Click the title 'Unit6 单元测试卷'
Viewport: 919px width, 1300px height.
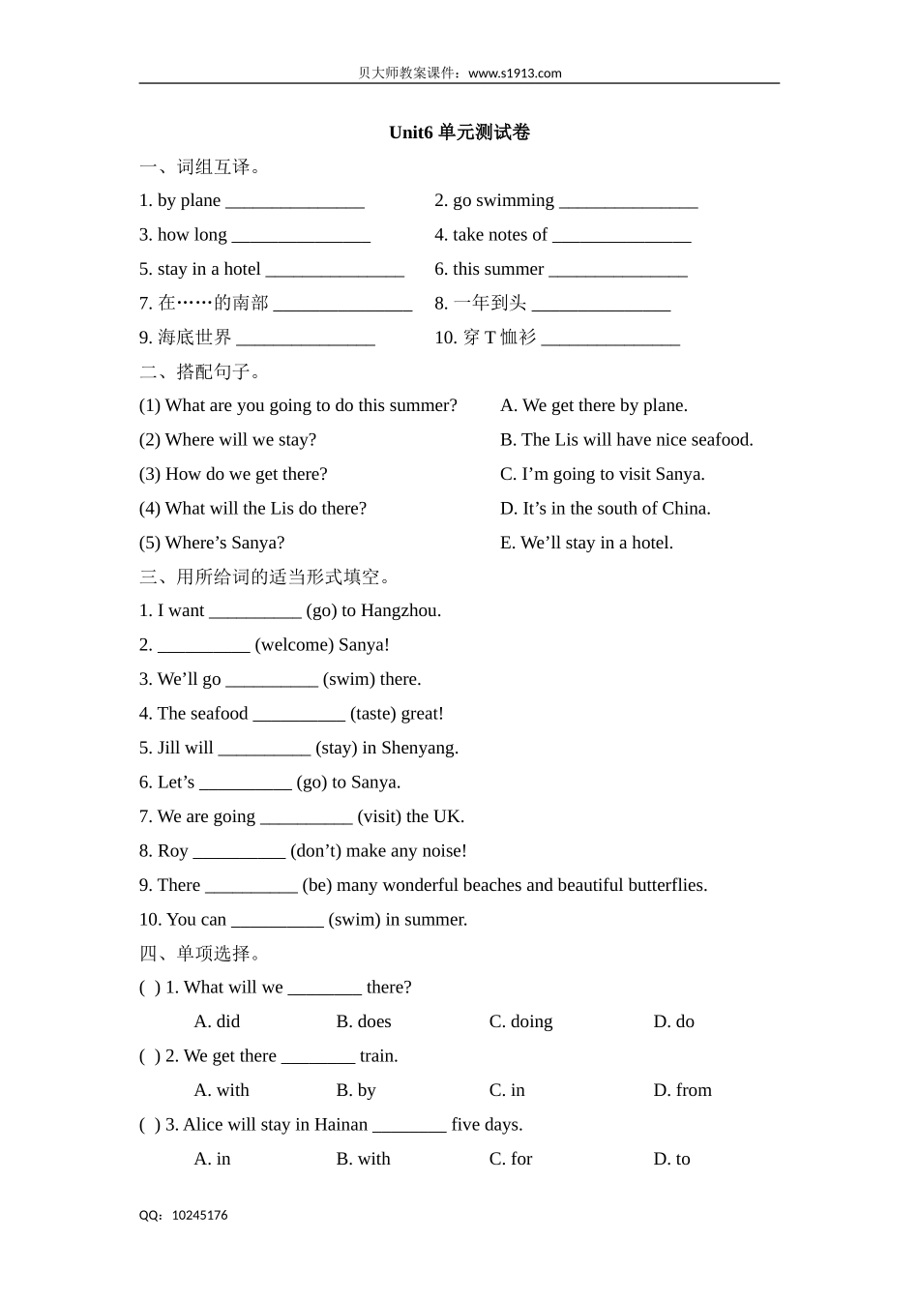click(459, 133)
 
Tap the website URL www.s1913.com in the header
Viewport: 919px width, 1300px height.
click(515, 73)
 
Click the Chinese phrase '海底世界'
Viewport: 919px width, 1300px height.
click(194, 338)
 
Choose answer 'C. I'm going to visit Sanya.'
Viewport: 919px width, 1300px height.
click(602, 474)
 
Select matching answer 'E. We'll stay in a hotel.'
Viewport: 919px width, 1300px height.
click(586, 543)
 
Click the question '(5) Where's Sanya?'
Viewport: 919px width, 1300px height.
click(212, 543)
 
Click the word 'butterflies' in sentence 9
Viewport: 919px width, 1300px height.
click(667, 885)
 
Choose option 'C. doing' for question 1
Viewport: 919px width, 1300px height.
click(520, 1021)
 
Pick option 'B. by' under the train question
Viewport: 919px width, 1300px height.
click(355, 1090)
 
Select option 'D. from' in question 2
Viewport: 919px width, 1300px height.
click(682, 1090)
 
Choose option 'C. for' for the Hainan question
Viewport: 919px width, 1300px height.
click(510, 1159)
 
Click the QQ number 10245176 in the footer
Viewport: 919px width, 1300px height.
click(199, 1215)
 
